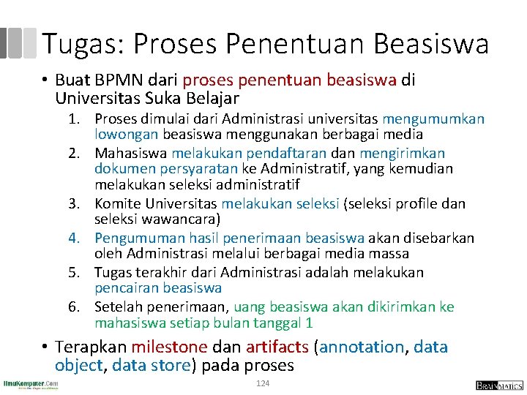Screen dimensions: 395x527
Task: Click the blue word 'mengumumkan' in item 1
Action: coord(433,119)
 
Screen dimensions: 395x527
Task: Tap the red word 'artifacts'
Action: coord(277,347)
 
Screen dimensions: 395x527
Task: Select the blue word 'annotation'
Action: coord(362,347)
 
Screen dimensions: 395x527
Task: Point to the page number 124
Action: coord(263,384)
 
